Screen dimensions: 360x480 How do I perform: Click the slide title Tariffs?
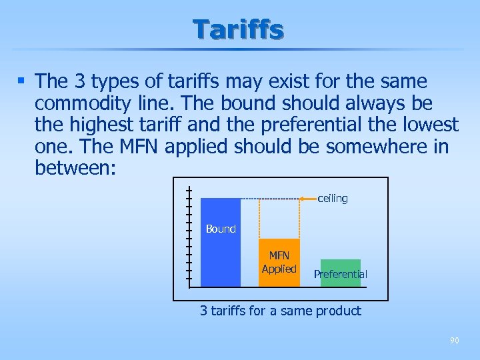239,29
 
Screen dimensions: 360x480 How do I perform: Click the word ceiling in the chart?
332,199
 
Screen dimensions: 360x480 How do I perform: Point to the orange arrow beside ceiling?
306,199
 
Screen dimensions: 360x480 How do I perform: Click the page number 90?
454,341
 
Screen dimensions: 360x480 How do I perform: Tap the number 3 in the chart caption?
204,311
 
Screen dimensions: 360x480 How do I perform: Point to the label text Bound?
221,229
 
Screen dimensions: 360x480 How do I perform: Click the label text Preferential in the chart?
340,274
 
